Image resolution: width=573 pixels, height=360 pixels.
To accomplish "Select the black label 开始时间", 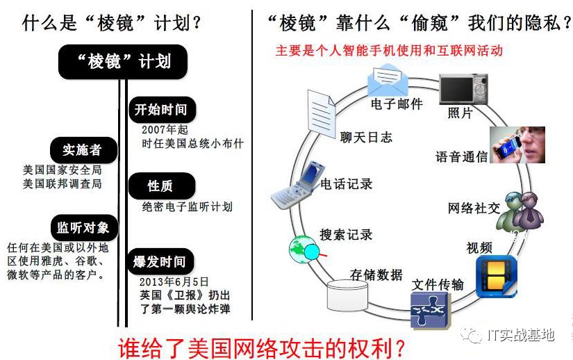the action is (160, 110).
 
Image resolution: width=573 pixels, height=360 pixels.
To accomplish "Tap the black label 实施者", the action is (82, 149).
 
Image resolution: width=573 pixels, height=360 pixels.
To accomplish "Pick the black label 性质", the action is (160, 186).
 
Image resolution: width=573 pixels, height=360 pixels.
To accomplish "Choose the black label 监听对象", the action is (83, 227).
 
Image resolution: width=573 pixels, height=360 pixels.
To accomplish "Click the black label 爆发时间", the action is (160, 262).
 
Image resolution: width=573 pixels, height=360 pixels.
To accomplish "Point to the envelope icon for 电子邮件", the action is (390, 81).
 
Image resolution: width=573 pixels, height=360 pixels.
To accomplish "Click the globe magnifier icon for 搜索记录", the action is (304, 247).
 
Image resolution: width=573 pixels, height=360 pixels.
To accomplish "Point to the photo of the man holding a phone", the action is (517, 145).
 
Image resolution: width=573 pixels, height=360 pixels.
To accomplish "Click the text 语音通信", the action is (461, 157).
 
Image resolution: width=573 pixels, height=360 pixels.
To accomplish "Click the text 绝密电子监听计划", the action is (187, 206).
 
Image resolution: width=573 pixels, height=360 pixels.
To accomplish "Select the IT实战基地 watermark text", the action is (520, 335).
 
